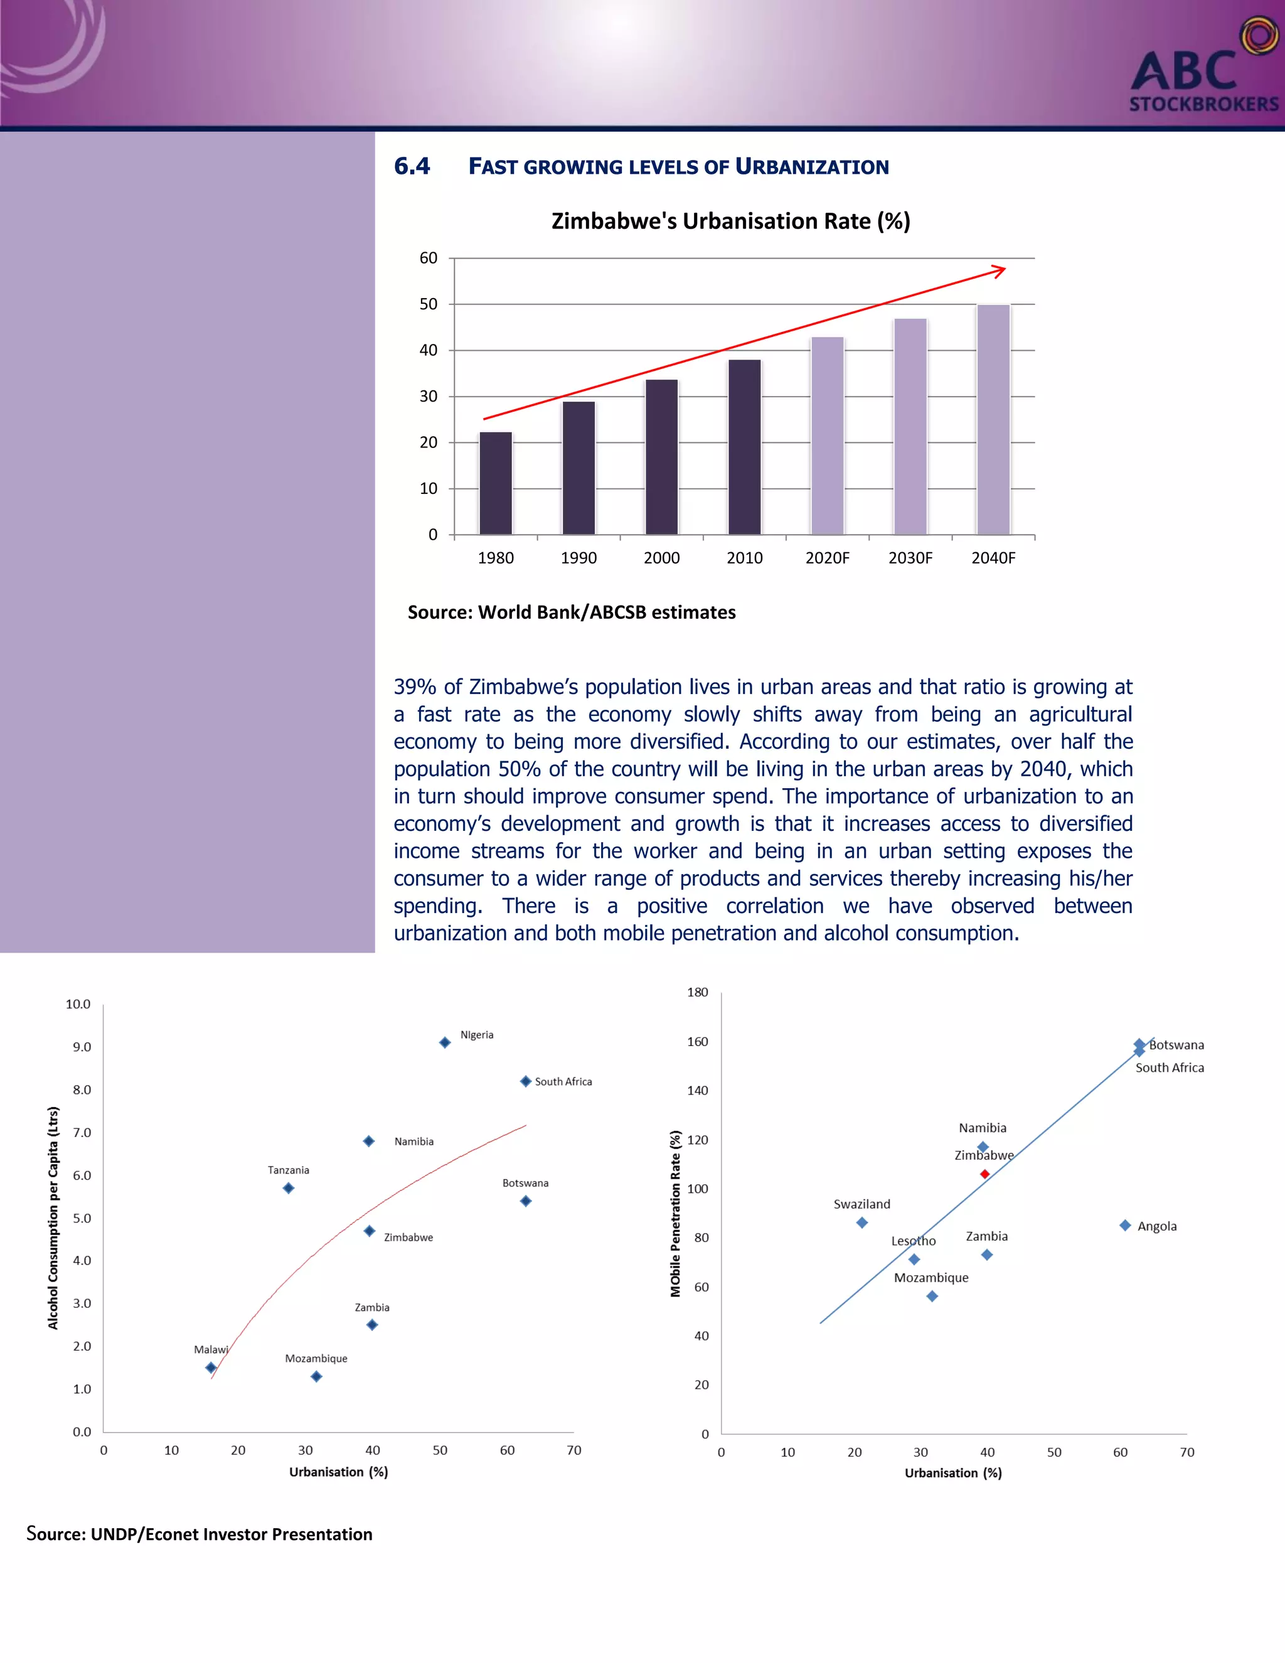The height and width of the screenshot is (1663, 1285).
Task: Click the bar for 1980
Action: (496, 483)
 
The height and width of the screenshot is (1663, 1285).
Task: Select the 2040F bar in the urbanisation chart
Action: (993, 420)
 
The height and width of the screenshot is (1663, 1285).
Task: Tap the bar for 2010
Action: (745, 447)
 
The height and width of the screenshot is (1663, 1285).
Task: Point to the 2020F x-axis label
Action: (828, 558)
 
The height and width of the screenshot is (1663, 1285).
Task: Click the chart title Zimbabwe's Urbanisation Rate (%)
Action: (730, 221)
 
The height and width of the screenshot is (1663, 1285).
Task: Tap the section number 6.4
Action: (412, 166)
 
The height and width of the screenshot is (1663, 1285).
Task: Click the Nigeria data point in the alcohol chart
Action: (445, 1042)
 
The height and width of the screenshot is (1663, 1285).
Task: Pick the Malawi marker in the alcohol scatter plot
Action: (211, 1367)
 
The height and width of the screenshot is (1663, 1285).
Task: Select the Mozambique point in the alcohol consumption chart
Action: (317, 1376)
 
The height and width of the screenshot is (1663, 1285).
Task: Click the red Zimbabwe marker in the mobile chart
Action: (984, 1174)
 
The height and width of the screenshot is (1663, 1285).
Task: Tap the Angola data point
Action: (1125, 1225)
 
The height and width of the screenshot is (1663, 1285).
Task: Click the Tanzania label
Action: (289, 1170)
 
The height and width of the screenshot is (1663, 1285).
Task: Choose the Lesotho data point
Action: (914, 1259)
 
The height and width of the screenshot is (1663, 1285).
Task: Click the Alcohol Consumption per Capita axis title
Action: (53, 1218)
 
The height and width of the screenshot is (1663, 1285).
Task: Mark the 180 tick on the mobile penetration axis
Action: (697, 992)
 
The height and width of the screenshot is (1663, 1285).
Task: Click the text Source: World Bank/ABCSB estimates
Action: (572, 612)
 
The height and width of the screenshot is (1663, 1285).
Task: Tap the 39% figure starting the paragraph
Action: (415, 687)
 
